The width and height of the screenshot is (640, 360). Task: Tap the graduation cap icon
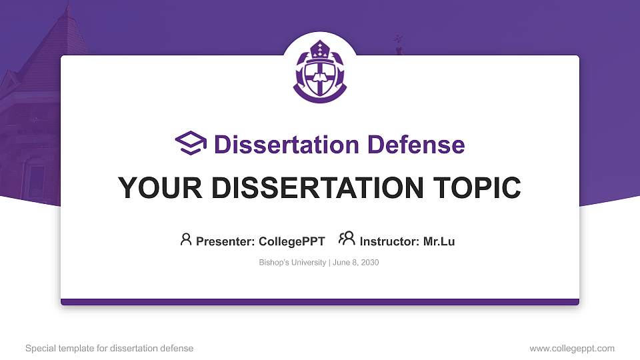(191, 143)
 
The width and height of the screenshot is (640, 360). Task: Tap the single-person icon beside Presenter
(186, 239)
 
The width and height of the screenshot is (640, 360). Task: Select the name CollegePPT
(293, 241)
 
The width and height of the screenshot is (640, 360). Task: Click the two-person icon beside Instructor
(347, 239)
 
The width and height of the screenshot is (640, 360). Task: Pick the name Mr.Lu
(439, 241)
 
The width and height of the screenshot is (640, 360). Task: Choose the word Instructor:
(390, 241)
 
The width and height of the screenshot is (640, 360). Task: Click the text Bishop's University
(292, 263)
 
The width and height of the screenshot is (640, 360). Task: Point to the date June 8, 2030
(355, 263)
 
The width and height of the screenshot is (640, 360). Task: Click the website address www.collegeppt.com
(572, 348)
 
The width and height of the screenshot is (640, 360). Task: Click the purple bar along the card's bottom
(320, 302)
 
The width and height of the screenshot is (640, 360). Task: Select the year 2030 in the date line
(369, 263)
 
